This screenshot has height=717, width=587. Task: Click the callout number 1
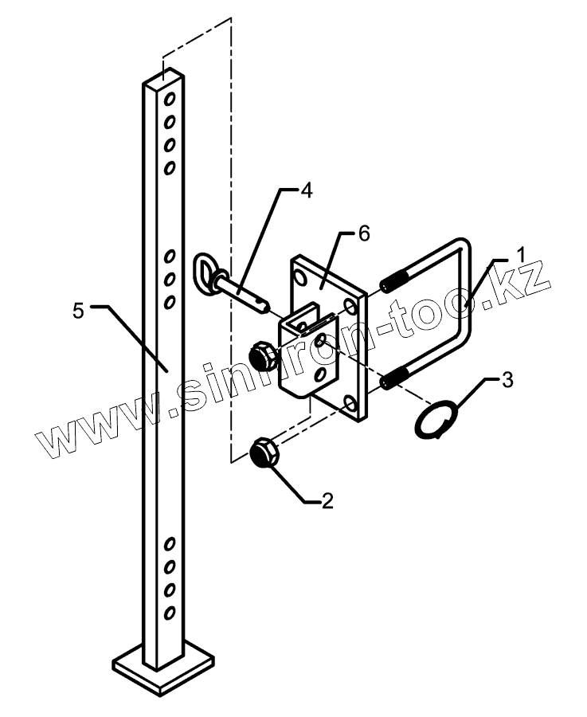click(x=519, y=257)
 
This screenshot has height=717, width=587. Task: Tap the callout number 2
click(x=327, y=500)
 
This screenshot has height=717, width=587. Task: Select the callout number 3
click(x=507, y=380)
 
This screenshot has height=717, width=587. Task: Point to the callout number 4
click(x=306, y=190)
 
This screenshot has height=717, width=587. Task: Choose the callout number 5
click(x=77, y=310)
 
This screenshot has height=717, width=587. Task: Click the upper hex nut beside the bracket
click(x=261, y=356)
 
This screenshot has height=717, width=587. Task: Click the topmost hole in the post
click(x=170, y=99)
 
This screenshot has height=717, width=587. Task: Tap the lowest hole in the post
click(x=170, y=613)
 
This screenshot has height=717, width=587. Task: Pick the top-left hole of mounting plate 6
click(x=301, y=277)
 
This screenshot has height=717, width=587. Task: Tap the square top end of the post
click(x=164, y=78)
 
